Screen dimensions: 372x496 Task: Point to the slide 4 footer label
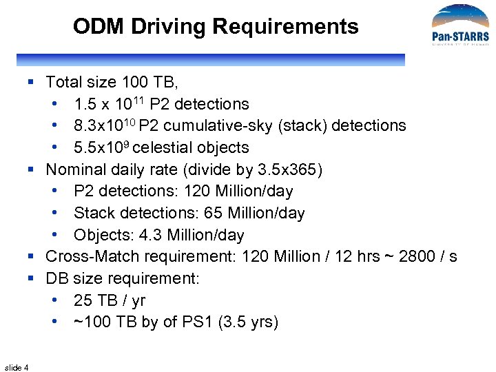(16, 367)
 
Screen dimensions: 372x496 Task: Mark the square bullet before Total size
(31, 83)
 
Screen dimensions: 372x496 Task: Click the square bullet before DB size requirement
(31, 279)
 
